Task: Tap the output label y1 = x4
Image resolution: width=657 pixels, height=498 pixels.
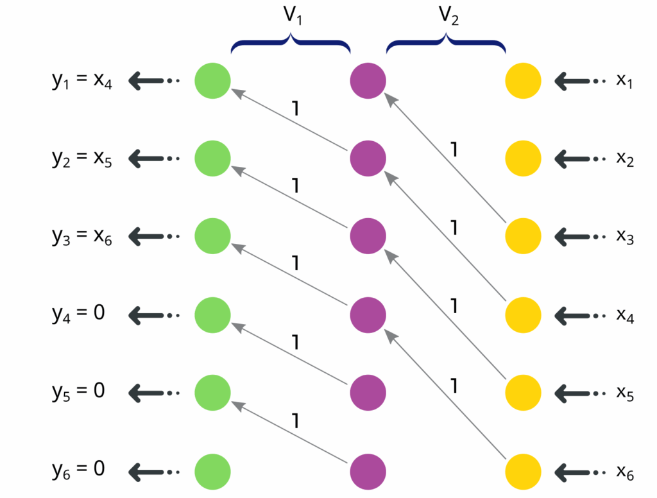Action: point(82,82)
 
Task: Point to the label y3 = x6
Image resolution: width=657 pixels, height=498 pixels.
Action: point(82,236)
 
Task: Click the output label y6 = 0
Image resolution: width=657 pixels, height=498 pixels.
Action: point(78,468)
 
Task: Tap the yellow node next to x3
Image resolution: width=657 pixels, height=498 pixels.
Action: point(524,236)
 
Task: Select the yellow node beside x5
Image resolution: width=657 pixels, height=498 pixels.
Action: point(524,391)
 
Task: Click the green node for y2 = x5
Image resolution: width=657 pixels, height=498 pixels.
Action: point(212,158)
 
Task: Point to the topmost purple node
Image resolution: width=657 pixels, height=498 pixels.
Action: point(368,81)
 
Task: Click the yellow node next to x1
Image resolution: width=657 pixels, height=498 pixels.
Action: point(524,81)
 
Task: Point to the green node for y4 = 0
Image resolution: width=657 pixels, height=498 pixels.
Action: point(212,314)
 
